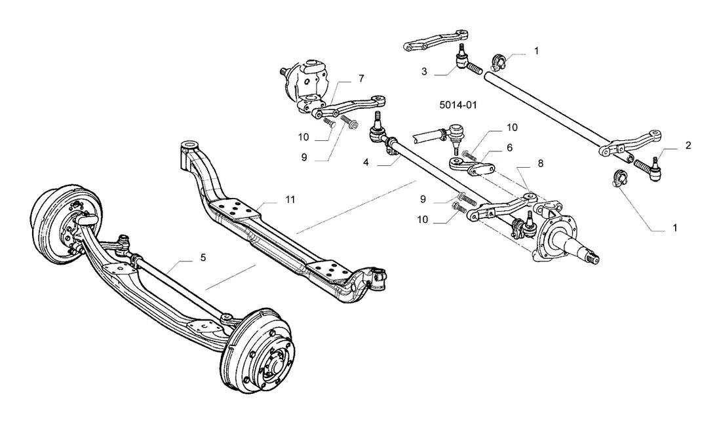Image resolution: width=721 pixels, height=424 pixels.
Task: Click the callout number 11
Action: point(290,200)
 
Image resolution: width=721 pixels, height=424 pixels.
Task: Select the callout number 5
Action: point(203,258)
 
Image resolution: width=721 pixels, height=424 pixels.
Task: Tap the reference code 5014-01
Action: point(458,105)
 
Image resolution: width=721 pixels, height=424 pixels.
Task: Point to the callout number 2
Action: point(688,145)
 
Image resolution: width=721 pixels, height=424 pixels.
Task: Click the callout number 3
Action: point(424,71)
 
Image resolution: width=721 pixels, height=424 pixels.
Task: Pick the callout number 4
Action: point(366,163)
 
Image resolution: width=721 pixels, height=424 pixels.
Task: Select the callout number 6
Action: point(509,147)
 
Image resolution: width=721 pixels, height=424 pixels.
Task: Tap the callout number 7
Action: point(361,79)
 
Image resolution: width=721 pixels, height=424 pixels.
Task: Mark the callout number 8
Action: point(540,163)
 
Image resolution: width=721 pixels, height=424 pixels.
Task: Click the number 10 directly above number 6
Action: point(512,127)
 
